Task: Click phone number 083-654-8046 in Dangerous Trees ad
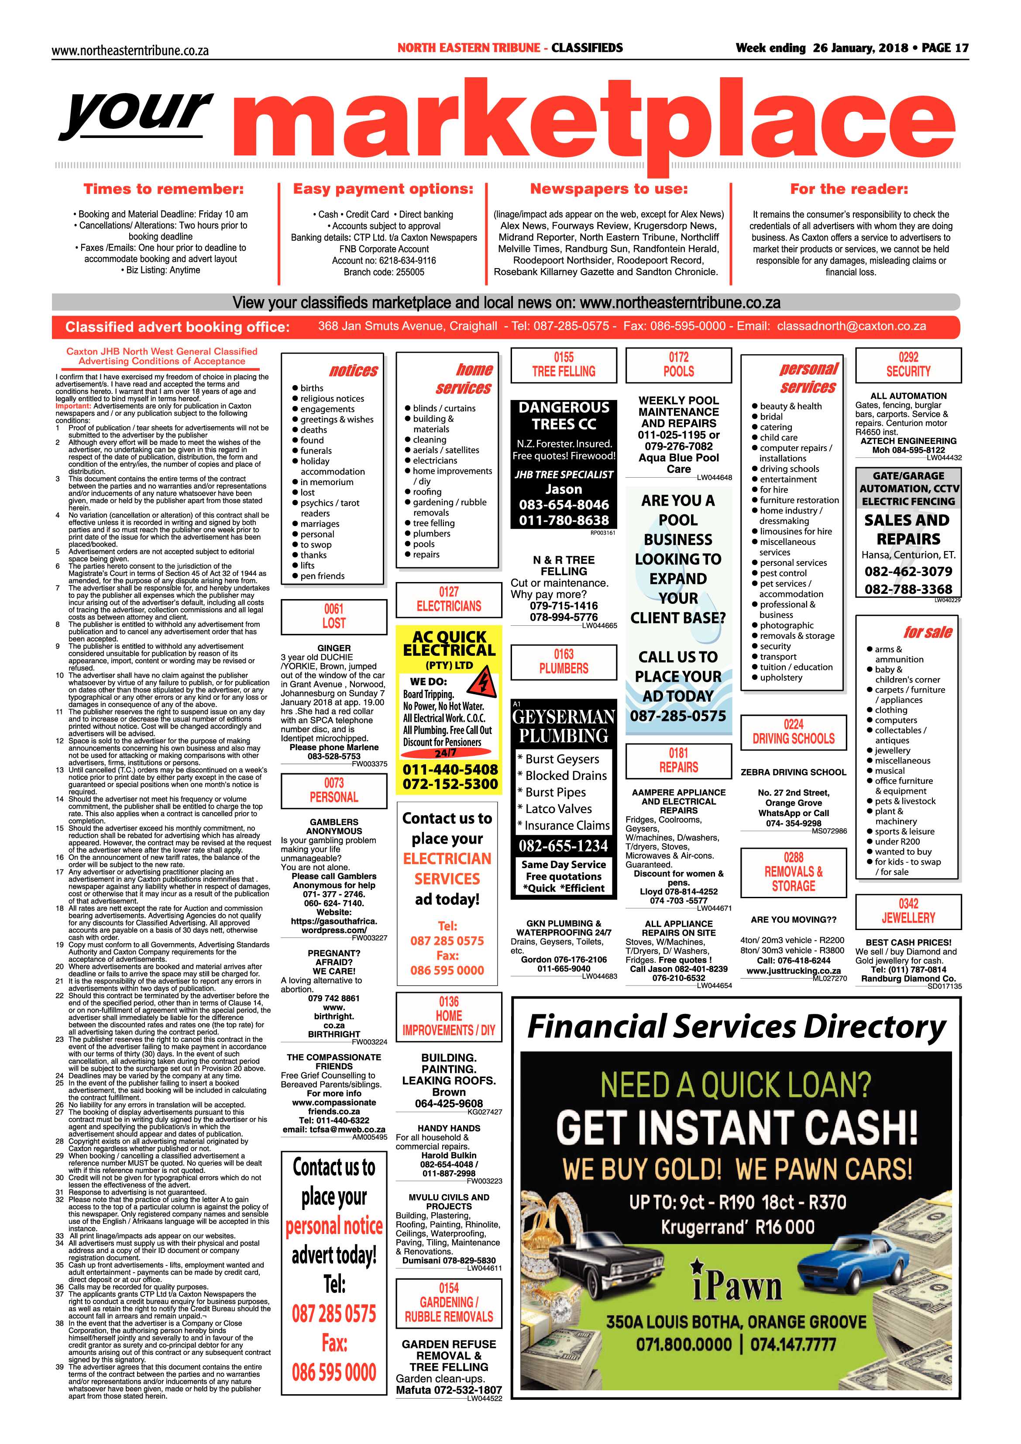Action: [x=564, y=504]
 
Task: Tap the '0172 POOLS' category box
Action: [x=679, y=365]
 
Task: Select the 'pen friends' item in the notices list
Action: [x=322, y=576]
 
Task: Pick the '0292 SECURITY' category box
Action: [x=908, y=365]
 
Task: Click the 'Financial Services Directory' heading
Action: [x=736, y=1027]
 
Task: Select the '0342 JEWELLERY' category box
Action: [x=908, y=911]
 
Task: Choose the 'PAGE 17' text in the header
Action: [x=945, y=48]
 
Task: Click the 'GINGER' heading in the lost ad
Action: [x=334, y=648]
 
